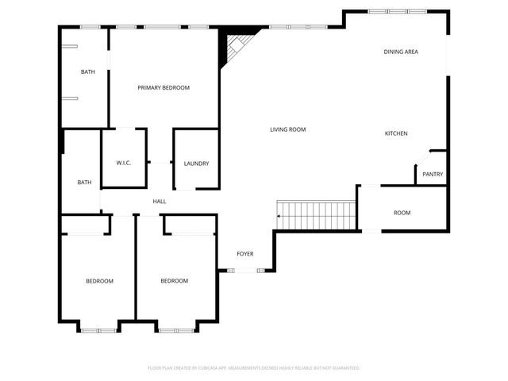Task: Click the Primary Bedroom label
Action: click(164, 87)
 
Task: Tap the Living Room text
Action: click(287, 129)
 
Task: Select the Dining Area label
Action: click(401, 52)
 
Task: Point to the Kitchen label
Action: click(396, 133)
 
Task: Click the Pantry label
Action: click(433, 175)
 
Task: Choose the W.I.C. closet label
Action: click(123, 164)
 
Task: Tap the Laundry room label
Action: click(196, 164)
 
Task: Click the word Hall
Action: click(160, 202)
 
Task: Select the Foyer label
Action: click(245, 254)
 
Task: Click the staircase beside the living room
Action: click(315, 214)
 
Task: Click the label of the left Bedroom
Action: click(99, 281)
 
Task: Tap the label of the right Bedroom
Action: click(174, 281)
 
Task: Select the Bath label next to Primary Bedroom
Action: click(87, 72)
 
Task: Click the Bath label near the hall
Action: click(84, 183)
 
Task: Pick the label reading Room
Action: click(402, 213)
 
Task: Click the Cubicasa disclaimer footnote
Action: click(254, 368)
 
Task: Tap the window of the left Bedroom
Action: click(98, 328)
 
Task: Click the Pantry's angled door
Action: click(422, 157)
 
